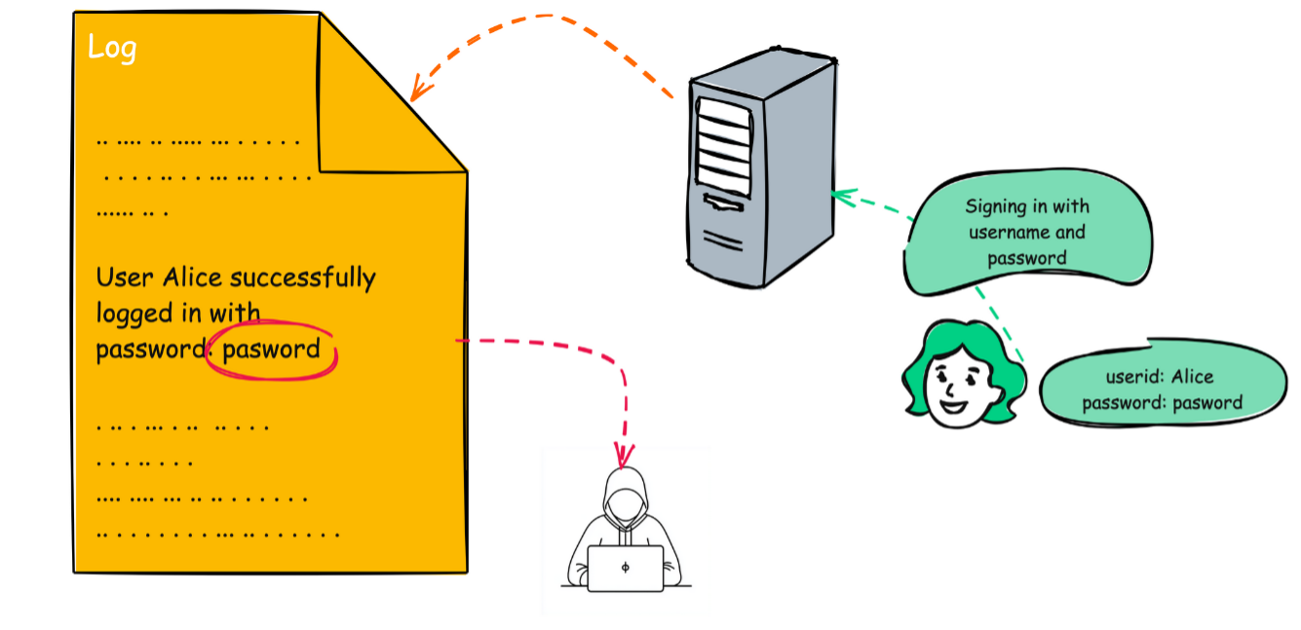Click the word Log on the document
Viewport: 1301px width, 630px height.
pyautogui.click(x=112, y=48)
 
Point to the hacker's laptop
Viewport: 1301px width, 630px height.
pyautogui.click(x=625, y=568)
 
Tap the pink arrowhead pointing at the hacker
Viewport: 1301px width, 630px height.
pyautogui.click(x=624, y=455)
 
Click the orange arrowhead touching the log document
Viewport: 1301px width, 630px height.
pyautogui.click(x=417, y=90)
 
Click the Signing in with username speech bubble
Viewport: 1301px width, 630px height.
pyautogui.click(x=1027, y=233)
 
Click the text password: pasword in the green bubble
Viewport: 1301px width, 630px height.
pyautogui.click(x=1162, y=402)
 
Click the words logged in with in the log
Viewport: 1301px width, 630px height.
pyautogui.click(x=177, y=314)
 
